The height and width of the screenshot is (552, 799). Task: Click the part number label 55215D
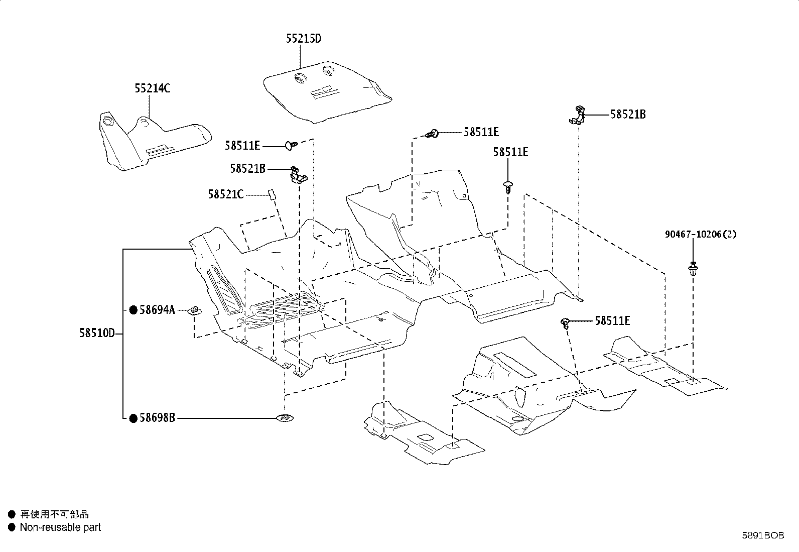pos(304,39)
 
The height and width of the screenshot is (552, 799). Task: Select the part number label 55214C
pos(152,88)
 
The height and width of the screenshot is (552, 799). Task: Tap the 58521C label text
pos(226,194)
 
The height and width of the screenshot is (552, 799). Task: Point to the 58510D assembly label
pos(97,333)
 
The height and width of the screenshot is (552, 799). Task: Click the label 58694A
pos(157,310)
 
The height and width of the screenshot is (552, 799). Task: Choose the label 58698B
pos(157,418)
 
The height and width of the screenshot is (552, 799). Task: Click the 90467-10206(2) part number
pos(701,234)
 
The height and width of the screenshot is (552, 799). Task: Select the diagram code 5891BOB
pos(763,535)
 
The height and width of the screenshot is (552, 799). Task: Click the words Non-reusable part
pos(60,527)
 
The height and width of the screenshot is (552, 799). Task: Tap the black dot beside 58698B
pos(134,418)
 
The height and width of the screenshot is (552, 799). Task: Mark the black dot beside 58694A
pos(134,310)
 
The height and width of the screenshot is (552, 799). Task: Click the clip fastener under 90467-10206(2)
pos(693,269)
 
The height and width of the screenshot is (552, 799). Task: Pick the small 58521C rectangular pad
pos(272,194)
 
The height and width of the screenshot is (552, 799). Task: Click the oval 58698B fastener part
pos(285,417)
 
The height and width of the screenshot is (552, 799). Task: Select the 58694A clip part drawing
pos(195,310)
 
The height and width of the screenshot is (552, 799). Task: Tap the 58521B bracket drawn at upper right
pos(578,116)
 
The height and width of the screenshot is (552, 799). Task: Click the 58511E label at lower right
pos(612,321)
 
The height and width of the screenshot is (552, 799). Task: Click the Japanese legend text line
pos(54,514)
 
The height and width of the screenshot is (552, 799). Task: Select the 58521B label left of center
pos(248,169)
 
